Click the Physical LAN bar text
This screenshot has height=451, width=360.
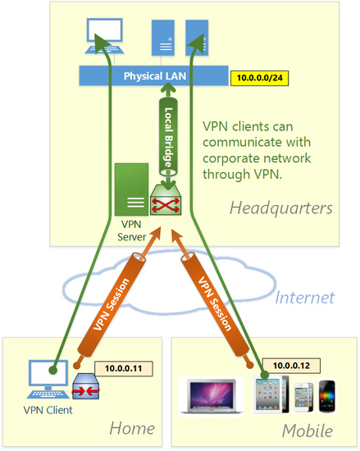[x=153, y=76]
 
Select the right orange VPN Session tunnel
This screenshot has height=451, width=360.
[x=216, y=303]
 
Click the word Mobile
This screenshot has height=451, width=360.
[x=307, y=430]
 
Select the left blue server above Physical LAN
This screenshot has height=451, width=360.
[x=161, y=38]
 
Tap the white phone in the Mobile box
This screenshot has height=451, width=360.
[x=303, y=397]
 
